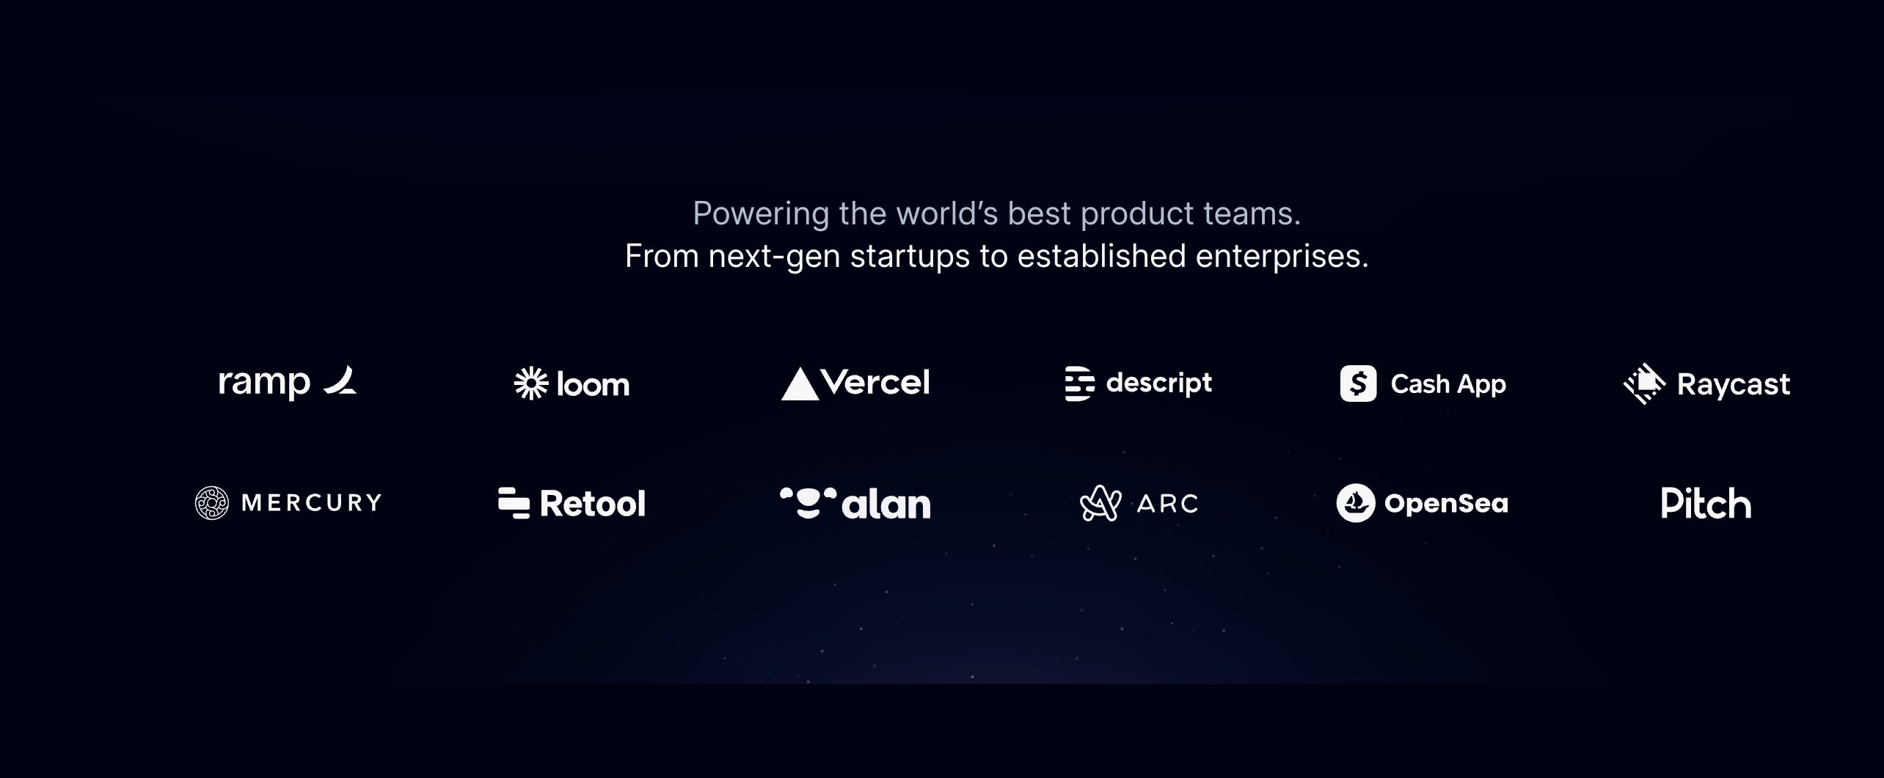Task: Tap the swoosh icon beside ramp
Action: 340,380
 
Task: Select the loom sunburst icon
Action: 531,384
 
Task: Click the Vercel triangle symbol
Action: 800,384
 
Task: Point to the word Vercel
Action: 875,382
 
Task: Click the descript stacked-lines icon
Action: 1080,384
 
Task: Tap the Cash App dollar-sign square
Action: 1358,384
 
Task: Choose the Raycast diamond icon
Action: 1645,384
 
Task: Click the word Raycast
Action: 1734,384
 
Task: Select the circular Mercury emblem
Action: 212,503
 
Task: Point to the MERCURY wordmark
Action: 312,503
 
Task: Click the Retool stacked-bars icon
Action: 514,503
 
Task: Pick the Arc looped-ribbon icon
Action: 1100,503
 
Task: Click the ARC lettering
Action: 1167,504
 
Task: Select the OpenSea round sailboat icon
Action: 1355,503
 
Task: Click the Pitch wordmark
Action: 1706,503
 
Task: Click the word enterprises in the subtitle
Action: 1282,257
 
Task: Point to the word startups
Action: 910,257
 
